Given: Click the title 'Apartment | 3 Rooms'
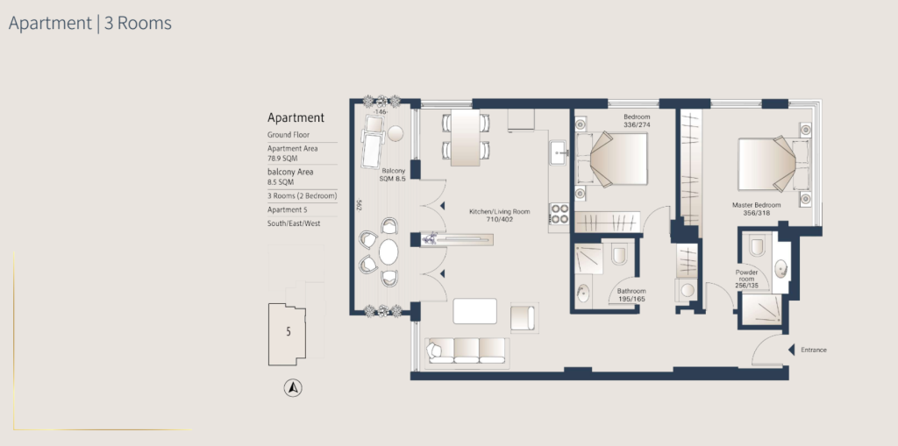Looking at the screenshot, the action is click(x=90, y=24).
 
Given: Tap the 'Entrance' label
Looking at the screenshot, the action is click(x=814, y=350).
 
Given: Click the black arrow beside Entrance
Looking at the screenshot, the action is click(x=791, y=350).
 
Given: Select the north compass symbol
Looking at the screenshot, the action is click(x=293, y=388).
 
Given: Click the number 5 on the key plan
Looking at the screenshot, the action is click(x=289, y=331).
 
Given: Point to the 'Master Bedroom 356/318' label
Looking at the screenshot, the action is click(x=756, y=209).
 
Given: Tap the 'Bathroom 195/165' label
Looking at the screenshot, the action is click(x=631, y=295).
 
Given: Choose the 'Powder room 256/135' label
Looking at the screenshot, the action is click(x=747, y=279).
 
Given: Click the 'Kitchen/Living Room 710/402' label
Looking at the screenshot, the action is click(x=499, y=216).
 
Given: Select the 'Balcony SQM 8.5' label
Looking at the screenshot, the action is click(x=394, y=174).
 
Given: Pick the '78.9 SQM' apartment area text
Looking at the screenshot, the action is click(x=282, y=159).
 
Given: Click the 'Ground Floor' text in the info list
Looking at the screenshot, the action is click(x=289, y=135).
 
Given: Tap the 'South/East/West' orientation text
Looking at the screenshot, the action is click(x=294, y=223).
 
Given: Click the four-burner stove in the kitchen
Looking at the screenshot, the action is click(x=559, y=214).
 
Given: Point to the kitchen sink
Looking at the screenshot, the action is click(x=559, y=152).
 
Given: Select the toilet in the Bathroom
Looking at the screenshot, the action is click(x=620, y=254).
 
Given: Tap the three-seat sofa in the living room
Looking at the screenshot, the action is click(x=467, y=350).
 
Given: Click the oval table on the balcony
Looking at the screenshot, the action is click(x=388, y=251).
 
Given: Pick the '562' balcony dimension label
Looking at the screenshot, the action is click(x=359, y=204).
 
